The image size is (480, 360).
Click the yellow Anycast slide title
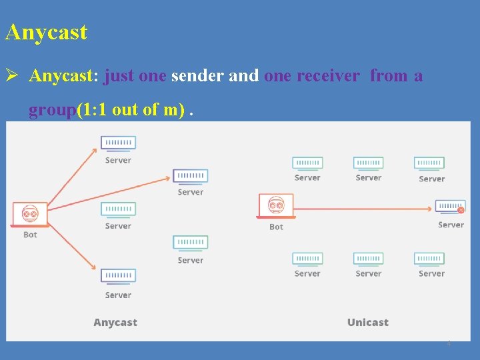coord(46,32)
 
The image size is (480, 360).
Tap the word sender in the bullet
coord(197,76)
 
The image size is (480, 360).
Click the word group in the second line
coord(52,109)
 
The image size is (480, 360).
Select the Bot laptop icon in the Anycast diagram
coord(30,215)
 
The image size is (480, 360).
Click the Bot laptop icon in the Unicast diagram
coord(276,207)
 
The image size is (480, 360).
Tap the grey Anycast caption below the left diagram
coord(115,323)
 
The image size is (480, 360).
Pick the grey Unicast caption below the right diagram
coord(367,323)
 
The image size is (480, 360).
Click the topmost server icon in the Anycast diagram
coord(118,143)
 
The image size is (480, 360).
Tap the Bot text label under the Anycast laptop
coord(30,235)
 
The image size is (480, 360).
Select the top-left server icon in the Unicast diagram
coord(307,163)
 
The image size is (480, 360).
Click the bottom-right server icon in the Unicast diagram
coord(429,259)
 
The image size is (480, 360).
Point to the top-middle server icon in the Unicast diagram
coord(368,163)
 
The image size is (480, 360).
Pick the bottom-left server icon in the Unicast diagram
coord(307,259)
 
